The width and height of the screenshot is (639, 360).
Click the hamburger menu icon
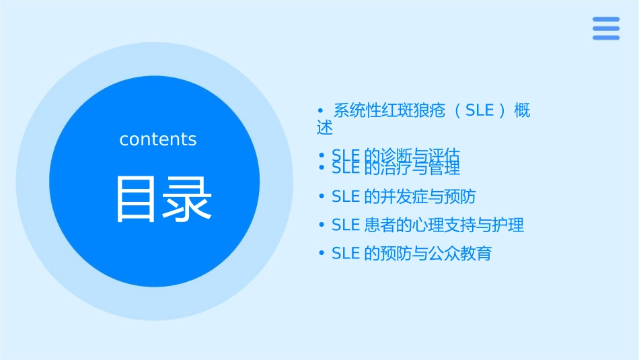[x=605, y=28]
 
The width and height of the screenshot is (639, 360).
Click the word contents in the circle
[x=158, y=139]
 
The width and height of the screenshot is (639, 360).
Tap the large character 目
[x=137, y=199]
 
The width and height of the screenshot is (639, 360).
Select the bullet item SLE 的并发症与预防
[x=404, y=196]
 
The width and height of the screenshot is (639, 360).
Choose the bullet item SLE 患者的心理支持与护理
[x=428, y=225]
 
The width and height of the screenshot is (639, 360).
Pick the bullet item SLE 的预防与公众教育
[x=412, y=254]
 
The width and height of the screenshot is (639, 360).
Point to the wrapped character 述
[x=325, y=127]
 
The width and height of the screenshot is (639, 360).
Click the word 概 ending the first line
[x=522, y=111]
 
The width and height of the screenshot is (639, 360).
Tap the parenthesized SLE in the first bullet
[x=480, y=111]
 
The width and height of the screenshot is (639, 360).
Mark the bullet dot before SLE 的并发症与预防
[x=322, y=196]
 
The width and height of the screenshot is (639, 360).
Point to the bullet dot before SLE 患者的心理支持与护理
[x=322, y=225]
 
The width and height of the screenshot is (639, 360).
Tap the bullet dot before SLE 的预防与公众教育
[x=322, y=254]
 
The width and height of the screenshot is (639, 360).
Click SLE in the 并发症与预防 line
[x=346, y=196]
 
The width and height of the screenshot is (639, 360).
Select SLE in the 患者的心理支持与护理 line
[x=346, y=225]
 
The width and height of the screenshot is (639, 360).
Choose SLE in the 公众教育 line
[x=346, y=254]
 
